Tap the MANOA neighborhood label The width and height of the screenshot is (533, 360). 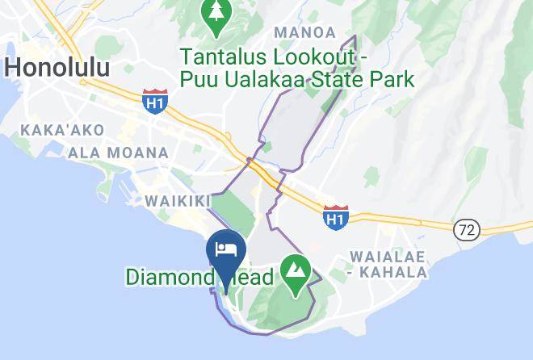[x=304, y=32]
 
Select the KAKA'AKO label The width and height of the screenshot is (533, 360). [x=61, y=130]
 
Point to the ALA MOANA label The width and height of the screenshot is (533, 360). [x=118, y=153]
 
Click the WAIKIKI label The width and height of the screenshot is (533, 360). [x=178, y=200]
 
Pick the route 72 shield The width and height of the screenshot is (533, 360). [x=466, y=229]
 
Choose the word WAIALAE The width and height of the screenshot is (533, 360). [x=387, y=256]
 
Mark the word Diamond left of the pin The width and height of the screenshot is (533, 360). [x=166, y=277]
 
